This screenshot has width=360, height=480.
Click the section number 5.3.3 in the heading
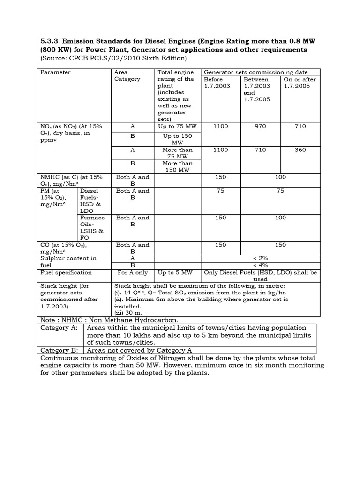coord(45,40)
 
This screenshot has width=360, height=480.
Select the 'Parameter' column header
coord(55,72)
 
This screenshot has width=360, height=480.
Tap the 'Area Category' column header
coord(127,75)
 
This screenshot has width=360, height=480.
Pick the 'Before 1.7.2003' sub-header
coord(217,83)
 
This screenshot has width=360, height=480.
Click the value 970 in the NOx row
coord(260,126)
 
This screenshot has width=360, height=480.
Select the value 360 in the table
coord(300,150)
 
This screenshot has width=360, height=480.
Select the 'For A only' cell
coord(133,272)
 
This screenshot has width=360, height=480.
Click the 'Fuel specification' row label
coord(66,272)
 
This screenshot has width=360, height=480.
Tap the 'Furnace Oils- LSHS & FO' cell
coord(92,227)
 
